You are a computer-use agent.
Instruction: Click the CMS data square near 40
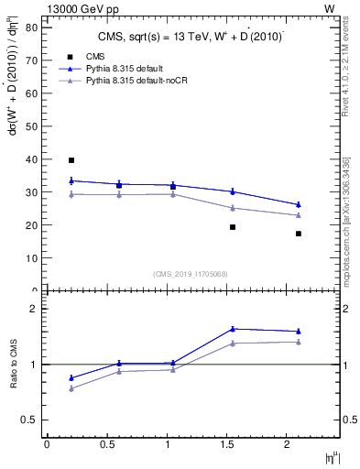tap(71, 160)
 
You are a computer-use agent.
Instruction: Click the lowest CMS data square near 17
tap(299, 234)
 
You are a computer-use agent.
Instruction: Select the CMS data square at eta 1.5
tap(233, 227)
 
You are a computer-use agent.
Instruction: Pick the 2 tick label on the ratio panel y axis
tap(33, 309)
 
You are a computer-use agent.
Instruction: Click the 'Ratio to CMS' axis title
tap(14, 364)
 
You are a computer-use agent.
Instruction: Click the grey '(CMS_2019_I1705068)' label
tap(190, 273)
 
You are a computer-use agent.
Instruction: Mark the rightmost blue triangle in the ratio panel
tap(299, 332)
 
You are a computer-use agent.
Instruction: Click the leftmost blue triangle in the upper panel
tap(71, 180)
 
